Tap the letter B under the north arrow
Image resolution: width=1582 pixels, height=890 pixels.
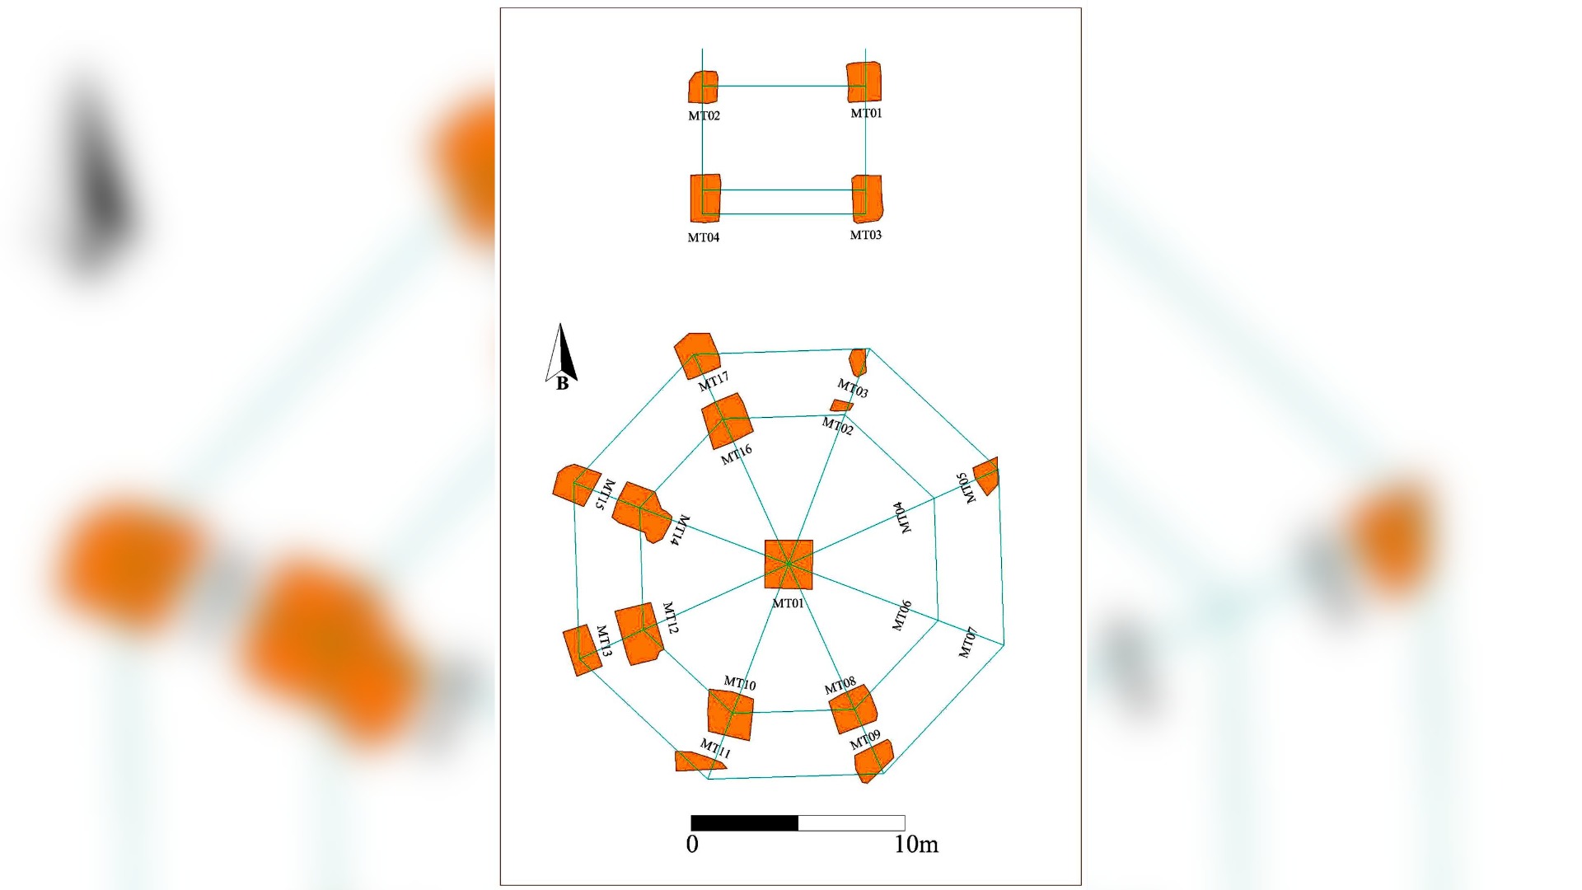click(562, 383)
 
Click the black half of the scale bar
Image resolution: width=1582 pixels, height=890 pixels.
click(744, 822)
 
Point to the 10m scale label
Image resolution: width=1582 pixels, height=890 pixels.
click(916, 844)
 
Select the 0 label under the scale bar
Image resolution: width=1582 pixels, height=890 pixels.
click(692, 844)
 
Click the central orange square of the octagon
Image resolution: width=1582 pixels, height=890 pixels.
click(789, 564)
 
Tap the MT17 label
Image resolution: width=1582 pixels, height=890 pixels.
click(714, 382)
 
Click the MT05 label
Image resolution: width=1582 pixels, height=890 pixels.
click(966, 488)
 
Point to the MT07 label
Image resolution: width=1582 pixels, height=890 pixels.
click(968, 643)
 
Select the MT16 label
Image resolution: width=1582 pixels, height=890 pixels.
click(737, 454)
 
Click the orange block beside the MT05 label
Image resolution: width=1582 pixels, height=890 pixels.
click(986, 475)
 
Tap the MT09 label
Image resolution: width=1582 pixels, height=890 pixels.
click(865, 739)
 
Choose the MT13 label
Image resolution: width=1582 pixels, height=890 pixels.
click(604, 641)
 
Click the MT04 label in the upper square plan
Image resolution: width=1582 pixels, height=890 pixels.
click(704, 237)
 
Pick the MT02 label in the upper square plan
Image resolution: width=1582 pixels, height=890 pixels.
click(704, 116)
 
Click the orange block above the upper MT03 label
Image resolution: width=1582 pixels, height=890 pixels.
click(867, 199)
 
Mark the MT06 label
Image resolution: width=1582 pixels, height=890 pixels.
click(902, 616)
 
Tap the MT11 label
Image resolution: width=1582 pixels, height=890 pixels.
click(715, 749)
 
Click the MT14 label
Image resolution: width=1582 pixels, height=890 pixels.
click(680, 531)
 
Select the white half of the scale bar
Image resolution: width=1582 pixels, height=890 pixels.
click(852, 822)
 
